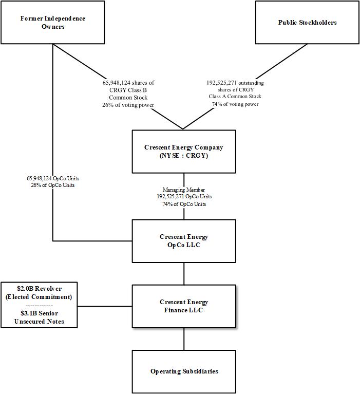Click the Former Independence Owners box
click(x=53, y=22)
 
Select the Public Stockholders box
click(x=308, y=22)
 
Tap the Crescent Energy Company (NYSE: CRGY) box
click(x=184, y=151)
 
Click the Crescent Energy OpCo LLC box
click(x=184, y=241)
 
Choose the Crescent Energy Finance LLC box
click(x=184, y=306)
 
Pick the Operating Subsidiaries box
click(x=184, y=371)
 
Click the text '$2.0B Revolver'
click(x=39, y=289)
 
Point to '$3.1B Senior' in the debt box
click(x=39, y=313)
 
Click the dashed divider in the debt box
click(x=39, y=305)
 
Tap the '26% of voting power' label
click(x=128, y=105)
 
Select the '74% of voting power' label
click(x=235, y=104)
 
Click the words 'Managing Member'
click(x=184, y=190)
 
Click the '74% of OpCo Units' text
click(x=184, y=204)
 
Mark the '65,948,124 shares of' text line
click(x=128, y=83)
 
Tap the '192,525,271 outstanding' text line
click(x=235, y=83)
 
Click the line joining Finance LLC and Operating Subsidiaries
click(x=184, y=339)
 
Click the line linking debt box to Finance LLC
click(x=105, y=307)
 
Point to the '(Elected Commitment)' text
click(x=39, y=297)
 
